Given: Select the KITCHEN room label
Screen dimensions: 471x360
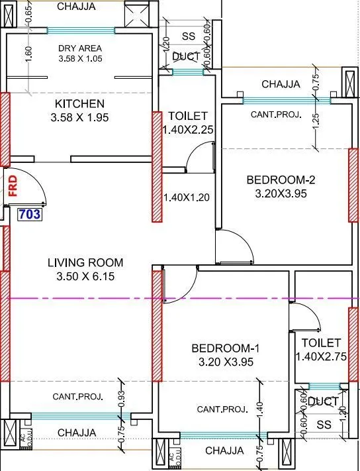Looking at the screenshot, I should tap(79, 104).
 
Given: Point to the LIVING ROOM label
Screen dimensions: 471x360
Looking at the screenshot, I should tap(81, 262).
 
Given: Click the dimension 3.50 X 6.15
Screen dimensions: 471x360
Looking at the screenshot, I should tap(81, 277).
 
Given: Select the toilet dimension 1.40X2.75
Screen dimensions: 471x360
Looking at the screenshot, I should tap(320, 356).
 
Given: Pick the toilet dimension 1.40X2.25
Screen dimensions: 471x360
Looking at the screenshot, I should tap(188, 130).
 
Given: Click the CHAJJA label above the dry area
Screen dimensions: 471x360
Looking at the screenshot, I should tap(76, 7).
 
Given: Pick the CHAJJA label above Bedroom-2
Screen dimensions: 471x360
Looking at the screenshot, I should tap(281, 84).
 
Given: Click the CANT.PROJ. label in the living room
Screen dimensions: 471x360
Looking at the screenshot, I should tap(77, 397).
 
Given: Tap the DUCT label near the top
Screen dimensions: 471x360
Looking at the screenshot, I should tap(186, 58).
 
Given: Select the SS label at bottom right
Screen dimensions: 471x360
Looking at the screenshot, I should tap(324, 424).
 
